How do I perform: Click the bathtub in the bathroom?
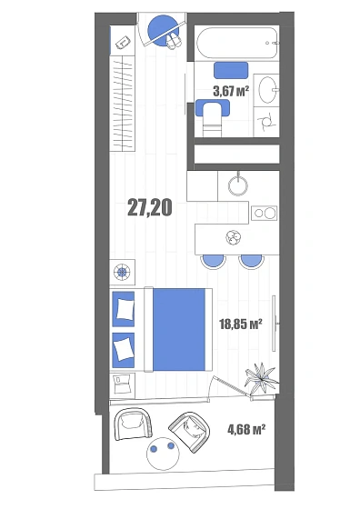[237, 44]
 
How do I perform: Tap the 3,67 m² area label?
[231, 91]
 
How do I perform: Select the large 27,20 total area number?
[150, 208]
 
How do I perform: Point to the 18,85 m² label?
[241, 324]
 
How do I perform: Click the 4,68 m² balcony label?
[246, 429]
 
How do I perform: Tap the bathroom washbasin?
[267, 90]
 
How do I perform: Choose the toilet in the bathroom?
[213, 118]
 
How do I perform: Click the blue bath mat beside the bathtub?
[231, 70]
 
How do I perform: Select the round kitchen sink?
[238, 185]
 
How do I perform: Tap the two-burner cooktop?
[265, 213]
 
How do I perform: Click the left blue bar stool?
[213, 262]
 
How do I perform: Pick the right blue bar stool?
[251, 262]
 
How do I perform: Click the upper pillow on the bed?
[125, 309]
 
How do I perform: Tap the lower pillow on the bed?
[123, 349]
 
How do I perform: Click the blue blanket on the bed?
[179, 329]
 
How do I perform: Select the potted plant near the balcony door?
[260, 377]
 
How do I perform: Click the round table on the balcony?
[163, 454]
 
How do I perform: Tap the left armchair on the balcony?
[133, 424]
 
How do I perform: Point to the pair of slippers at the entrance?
[174, 42]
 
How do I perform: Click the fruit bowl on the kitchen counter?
[234, 237]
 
